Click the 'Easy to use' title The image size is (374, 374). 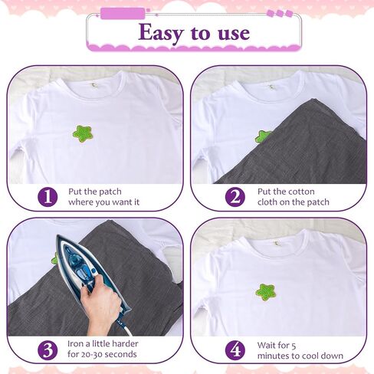(194, 33)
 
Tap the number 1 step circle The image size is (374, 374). (48, 197)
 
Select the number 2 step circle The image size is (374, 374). (235, 197)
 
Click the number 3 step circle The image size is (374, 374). (48, 350)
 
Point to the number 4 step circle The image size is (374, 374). (235, 350)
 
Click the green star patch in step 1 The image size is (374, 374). (83, 133)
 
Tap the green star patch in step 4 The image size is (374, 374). (265, 292)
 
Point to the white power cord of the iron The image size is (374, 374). (124, 327)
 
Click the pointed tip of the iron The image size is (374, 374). (57, 236)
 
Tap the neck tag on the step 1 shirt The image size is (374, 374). (94, 86)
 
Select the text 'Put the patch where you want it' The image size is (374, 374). (103, 197)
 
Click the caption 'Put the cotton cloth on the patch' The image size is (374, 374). (294, 197)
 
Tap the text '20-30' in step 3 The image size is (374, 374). (93, 354)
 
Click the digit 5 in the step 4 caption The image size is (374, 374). (294, 346)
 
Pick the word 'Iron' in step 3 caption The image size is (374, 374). (75, 344)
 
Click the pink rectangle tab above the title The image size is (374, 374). (123, 13)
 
